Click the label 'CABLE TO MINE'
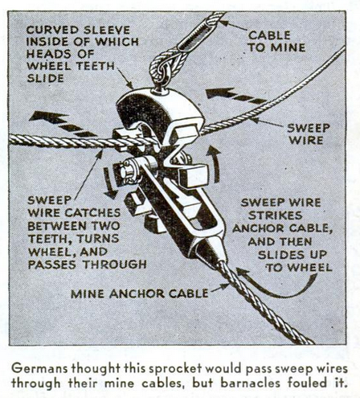[276, 41]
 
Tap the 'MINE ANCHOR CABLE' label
[139, 293]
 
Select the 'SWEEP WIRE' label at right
[309, 134]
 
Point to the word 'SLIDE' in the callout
[46, 78]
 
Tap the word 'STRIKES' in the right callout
[276, 215]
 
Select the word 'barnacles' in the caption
[249, 383]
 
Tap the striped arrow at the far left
[62, 124]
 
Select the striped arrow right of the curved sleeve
[235, 96]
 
